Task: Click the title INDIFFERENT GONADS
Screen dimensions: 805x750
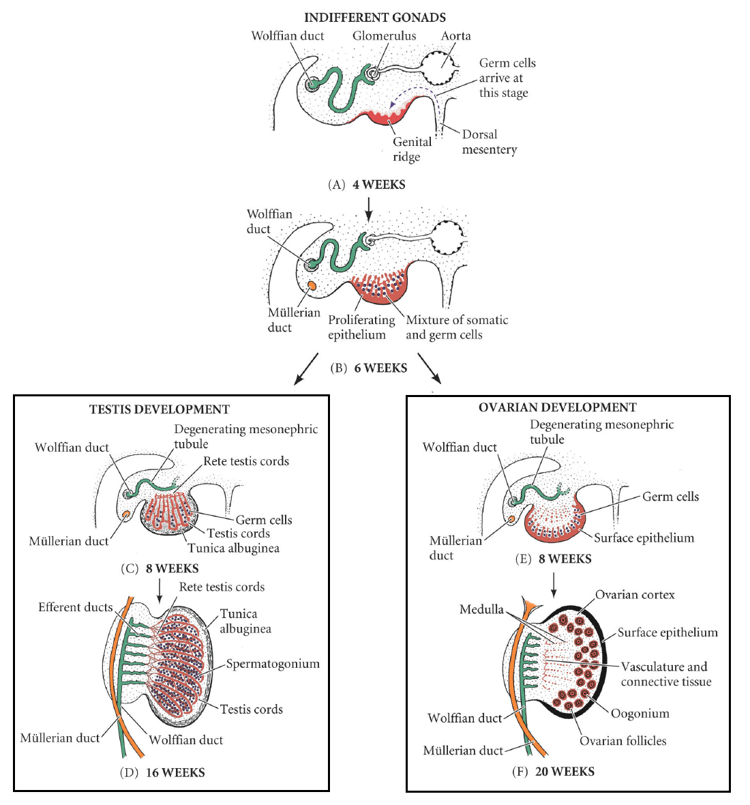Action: coord(374,18)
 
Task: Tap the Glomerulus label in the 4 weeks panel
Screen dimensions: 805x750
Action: coord(384,36)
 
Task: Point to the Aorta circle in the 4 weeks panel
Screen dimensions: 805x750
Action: coord(441,68)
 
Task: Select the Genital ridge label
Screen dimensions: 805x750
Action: coord(412,149)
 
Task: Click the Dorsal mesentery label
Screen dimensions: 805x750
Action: coord(489,142)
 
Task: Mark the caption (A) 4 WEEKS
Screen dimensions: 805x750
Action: coord(367,185)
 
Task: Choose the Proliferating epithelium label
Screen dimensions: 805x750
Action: coord(361,327)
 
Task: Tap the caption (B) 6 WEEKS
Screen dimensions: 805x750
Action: coord(369,368)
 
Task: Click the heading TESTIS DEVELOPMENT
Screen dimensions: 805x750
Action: coord(160,410)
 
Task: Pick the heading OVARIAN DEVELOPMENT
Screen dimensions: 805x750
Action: coord(557,408)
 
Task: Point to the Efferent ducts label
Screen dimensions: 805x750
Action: coord(75,607)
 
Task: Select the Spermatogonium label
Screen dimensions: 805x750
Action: coord(273,664)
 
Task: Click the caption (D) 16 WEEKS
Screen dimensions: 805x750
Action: coord(162,773)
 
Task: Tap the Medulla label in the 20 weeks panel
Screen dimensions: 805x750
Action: coord(481,610)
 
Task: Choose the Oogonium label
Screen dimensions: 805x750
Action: coord(640,714)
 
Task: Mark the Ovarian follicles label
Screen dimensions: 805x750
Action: coord(622,741)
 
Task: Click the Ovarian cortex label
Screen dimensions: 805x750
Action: coord(635,595)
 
